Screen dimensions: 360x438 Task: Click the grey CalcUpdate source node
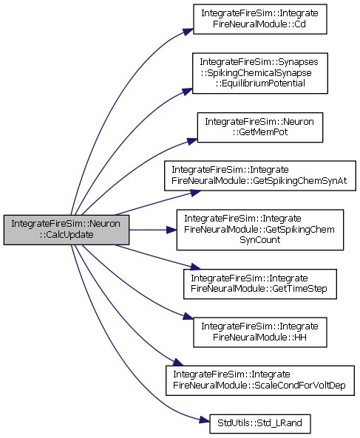tap(67, 230)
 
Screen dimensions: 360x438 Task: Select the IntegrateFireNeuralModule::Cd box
tap(260, 19)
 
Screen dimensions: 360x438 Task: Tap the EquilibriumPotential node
tap(260, 73)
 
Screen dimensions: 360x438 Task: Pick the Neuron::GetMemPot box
tap(260, 127)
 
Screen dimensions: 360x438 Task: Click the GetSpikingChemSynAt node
tap(260, 176)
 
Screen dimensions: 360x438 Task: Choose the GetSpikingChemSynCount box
tap(260, 230)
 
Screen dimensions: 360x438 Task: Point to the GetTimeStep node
tap(260, 284)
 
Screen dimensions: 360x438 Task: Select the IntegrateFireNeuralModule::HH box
tap(260, 332)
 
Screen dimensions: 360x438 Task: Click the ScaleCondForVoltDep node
tap(260, 380)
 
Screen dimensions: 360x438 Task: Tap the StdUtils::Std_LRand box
tap(260, 424)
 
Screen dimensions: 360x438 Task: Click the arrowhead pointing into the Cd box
tap(189, 31)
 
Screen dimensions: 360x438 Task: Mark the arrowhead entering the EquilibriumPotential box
tap(187, 92)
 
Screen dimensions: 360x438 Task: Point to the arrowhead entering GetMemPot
tap(192, 141)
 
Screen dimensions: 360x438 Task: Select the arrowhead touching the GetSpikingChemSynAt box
tap(196, 193)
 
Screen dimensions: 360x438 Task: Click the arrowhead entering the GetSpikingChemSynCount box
tap(171, 230)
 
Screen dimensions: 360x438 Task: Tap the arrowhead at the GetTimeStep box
tap(196, 267)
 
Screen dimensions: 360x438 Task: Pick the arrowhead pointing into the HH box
tap(189, 316)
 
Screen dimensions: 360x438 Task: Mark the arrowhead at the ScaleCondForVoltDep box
tap(178, 363)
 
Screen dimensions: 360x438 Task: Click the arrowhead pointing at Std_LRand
tap(205, 420)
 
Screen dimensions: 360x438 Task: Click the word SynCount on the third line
tap(260, 240)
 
